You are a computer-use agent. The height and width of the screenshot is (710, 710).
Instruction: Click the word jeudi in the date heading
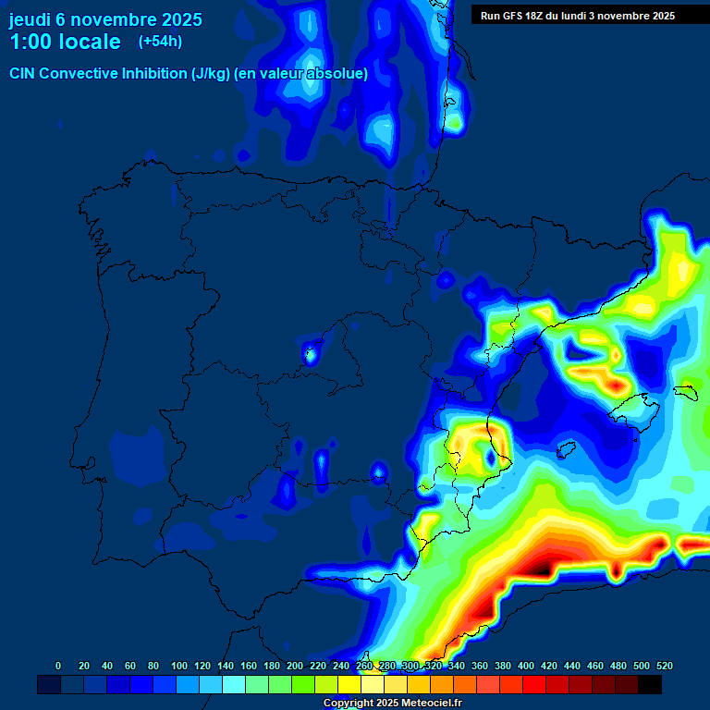click(30, 19)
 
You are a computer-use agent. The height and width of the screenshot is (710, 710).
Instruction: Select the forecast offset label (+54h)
click(159, 42)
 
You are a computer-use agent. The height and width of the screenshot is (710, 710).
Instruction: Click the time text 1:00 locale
click(65, 42)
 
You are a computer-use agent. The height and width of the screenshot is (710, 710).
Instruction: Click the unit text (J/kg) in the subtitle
click(210, 74)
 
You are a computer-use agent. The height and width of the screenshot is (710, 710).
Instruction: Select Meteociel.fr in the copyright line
click(424, 704)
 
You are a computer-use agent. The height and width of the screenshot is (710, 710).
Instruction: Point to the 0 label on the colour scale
click(58, 666)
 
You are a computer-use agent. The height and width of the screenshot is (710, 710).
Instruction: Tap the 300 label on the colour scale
click(410, 666)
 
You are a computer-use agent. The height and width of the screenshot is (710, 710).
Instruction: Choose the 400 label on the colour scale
click(525, 666)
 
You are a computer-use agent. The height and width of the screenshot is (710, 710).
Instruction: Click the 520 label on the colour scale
click(664, 666)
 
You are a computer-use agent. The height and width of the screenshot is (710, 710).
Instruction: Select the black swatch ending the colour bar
click(650, 684)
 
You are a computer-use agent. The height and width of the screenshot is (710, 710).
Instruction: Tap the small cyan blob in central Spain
click(311, 352)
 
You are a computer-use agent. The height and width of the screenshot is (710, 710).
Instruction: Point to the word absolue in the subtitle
click(341, 74)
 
